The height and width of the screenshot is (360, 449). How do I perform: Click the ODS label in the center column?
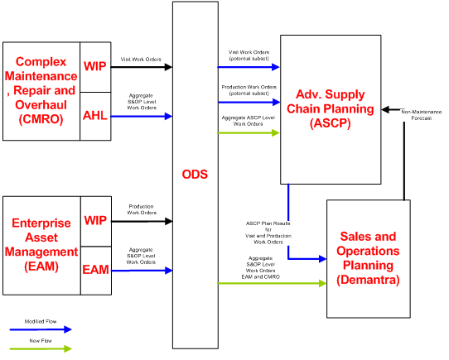pyautogui.click(x=195, y=175)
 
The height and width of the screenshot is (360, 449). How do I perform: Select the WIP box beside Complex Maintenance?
pyautogui.click(x=95, y=65)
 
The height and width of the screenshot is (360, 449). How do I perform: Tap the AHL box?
pyautogui.click(x=95, y=115)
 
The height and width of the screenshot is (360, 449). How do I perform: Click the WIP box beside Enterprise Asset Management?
pyautogui.click(x=95, y=221)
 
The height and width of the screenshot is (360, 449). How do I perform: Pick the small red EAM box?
pyautogui.click(x=95, y=270)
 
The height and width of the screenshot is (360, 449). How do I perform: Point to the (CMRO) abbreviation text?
pyautogui.click(x=41, y=119)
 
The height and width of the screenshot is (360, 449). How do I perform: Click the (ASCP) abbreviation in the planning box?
pyautogui.click(x=331, y=124)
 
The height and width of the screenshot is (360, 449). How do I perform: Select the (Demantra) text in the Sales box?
pyautogui.click(x=368, y=281)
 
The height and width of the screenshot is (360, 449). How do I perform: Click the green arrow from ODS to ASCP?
pyautogui.click(x=249, y=132)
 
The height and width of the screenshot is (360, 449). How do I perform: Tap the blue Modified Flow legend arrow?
pyautogui.click(x=41, y=329)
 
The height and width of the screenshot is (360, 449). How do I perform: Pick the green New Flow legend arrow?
pyautogui.click(x=41, y=348)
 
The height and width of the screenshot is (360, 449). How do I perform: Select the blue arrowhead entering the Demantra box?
pyautogui.click(x=321, y=259)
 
